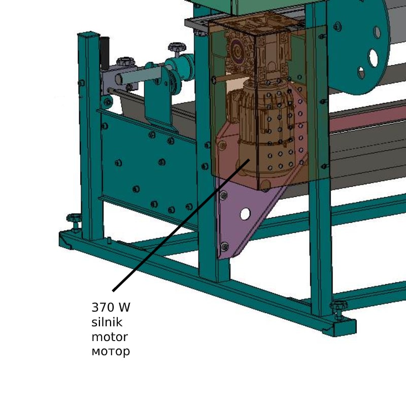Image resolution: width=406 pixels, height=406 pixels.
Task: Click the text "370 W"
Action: click(111, 308)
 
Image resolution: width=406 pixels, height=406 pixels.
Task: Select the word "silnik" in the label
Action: click(107, 322)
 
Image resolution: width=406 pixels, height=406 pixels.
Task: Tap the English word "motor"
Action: click(110, 337)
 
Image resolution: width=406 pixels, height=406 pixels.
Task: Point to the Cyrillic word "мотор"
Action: click(111, 352)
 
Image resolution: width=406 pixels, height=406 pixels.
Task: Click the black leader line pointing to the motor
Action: click(181, 225)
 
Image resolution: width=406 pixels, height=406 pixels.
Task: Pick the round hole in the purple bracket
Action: click(245, 214)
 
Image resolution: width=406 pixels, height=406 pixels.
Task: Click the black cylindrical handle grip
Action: click(105, 53)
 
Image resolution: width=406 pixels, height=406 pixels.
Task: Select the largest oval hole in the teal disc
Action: click(374, 58)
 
